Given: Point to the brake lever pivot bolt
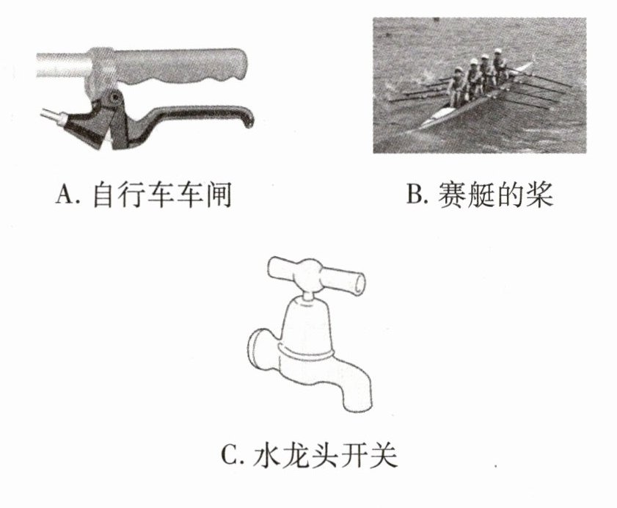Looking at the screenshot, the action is pos(114,96).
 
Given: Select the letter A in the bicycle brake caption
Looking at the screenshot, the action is pos(64,195).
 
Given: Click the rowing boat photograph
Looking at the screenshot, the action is pos(479,85).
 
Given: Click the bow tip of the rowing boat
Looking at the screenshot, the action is pos(531,63).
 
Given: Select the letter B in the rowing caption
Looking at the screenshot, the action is pos(415,194).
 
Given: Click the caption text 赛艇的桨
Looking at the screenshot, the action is pos(496,194).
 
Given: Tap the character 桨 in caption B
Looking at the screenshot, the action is pos(540,194).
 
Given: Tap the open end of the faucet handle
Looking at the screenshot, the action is pos(358,283).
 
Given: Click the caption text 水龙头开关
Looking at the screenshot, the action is pos(325,455).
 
